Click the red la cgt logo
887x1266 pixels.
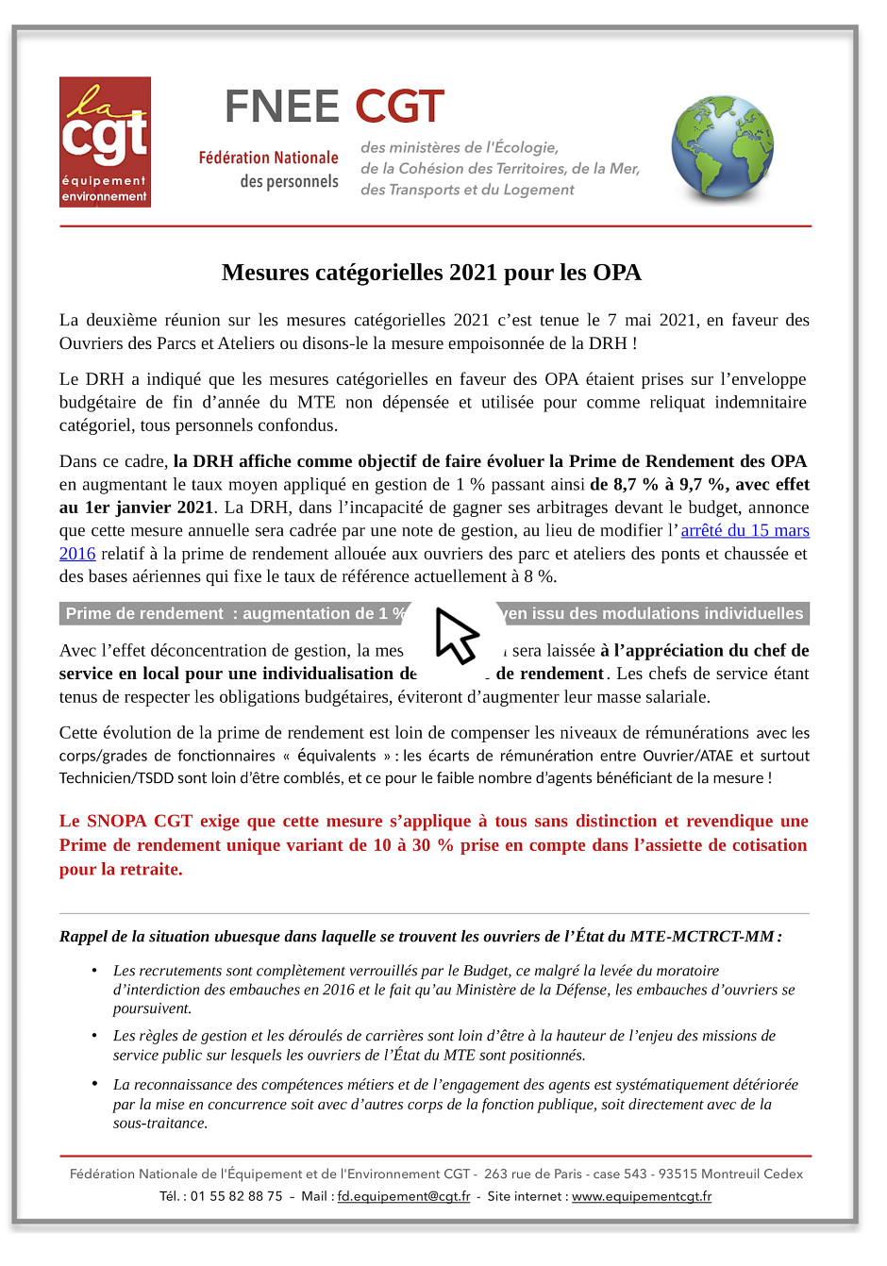(105, 142)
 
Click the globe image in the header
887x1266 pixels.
(722, 148)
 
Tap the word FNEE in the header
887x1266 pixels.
(281, 108)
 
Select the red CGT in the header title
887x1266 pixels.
(399, 108)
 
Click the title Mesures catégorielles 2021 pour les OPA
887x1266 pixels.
(431, 273)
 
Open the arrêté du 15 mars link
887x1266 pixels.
(745, 530)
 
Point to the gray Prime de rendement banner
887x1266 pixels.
(236, 613)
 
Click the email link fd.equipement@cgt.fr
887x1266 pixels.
(403, 1196)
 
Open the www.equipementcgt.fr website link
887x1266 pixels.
(642, 1196)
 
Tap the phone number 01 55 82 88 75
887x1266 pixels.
(236, 1196)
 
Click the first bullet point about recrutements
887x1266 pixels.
(94, 971)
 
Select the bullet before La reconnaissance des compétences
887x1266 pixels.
(94, 1084)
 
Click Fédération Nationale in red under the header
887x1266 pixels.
(268, 158)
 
